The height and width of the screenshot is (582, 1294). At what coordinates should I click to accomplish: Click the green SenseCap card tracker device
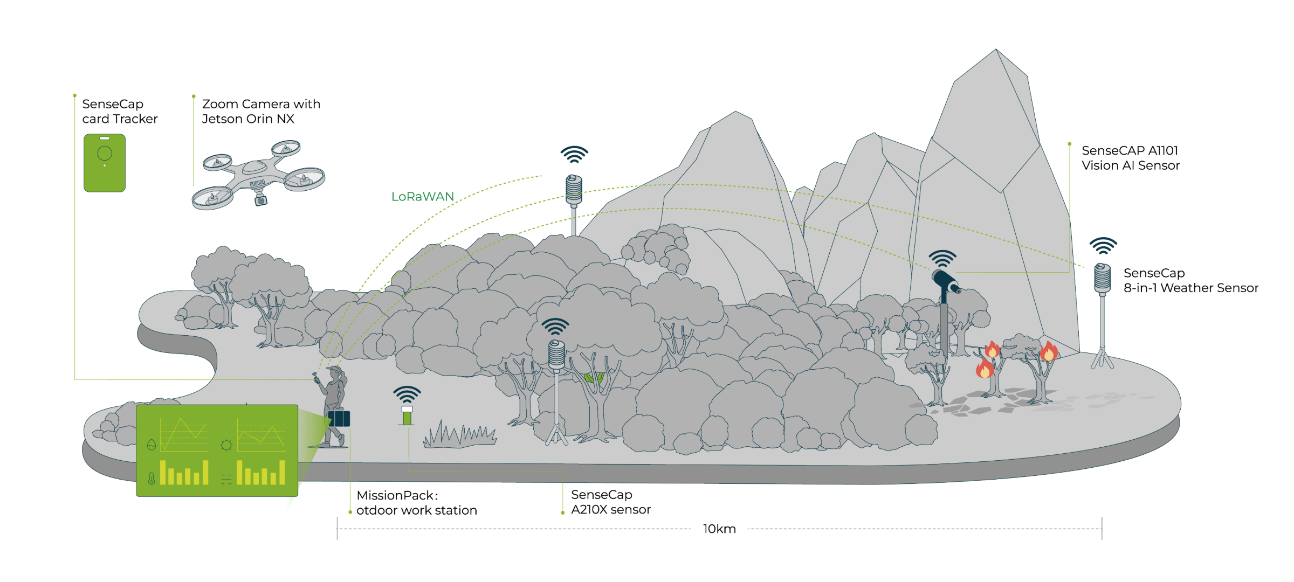click(x=105, y=163)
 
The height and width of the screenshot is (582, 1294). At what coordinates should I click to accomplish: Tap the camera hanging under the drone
click(x=261, y=200)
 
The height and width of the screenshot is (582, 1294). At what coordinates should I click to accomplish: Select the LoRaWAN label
click(x=423, y=197)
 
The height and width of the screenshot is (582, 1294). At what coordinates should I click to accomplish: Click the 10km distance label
click(x=719, y=529)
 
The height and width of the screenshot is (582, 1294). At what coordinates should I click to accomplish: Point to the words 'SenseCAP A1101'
click(x=1130, y=151)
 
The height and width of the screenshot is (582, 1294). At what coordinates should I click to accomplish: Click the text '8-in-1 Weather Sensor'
click(x=1190, y=288)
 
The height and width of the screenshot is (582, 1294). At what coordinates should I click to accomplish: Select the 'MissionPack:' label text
click(x=397, y=495)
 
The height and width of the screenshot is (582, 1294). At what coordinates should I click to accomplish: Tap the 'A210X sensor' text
click(x=611, y=510)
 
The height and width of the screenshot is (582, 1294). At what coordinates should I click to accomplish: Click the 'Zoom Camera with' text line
click(x=261, y=104)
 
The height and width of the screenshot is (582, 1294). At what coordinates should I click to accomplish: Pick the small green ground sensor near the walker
click(x=407, y=416)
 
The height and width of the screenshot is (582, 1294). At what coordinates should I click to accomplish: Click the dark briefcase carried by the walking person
click(x=339, y=418)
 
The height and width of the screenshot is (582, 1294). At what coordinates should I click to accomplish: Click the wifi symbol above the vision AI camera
click(x=942, y=259)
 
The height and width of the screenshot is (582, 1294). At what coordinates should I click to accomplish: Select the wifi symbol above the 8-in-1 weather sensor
click(x=1103, y=246)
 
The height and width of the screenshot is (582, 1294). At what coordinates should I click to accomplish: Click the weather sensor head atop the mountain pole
click(x=574, y=189)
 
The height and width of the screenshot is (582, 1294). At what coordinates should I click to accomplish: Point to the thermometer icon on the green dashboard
click(x=152, y=478)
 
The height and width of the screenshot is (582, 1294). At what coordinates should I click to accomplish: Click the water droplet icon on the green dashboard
click(x=152, y=445)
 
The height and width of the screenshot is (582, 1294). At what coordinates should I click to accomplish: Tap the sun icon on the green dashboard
click(x=226, y=445)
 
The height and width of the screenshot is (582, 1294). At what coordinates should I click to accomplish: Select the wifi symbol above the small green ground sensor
click(x=407, y=394)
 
